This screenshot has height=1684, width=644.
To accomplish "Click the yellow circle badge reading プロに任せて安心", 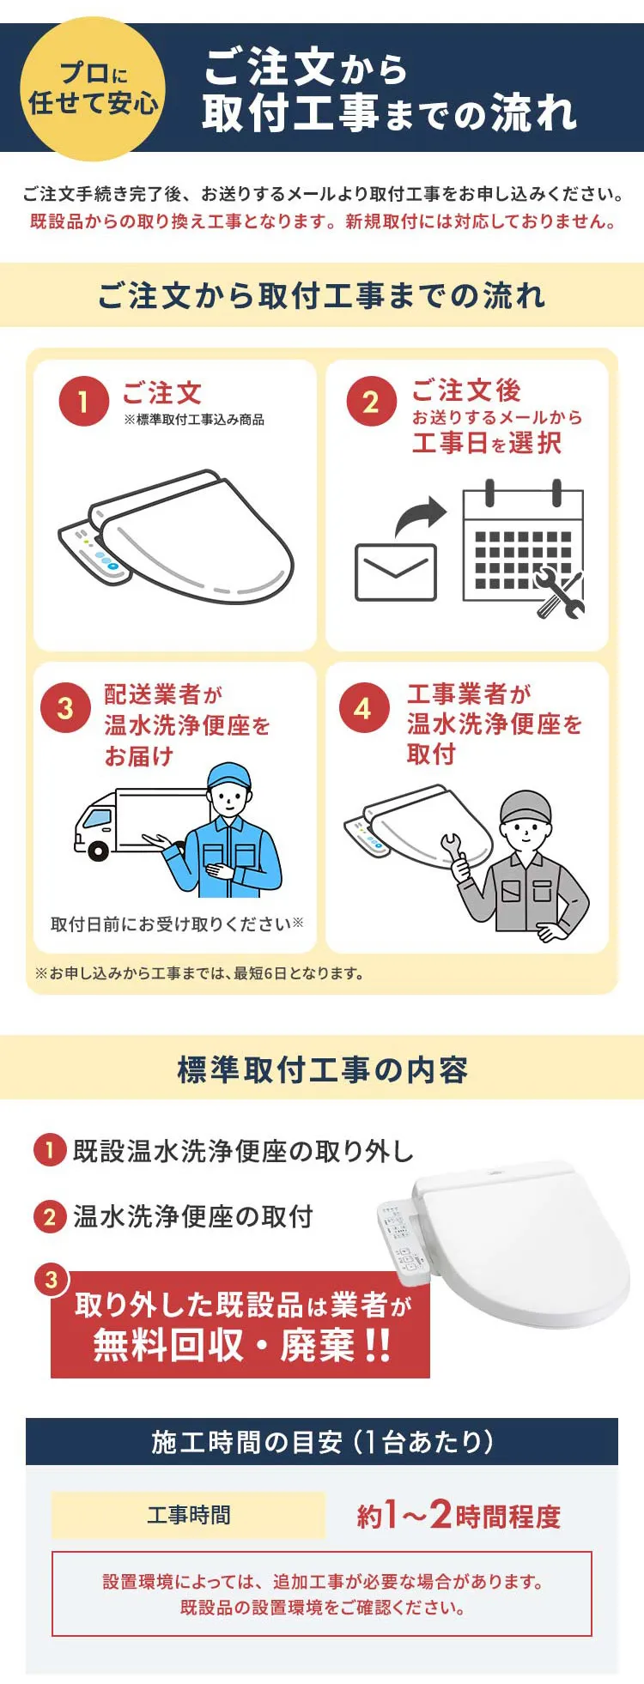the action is tap(93, 88).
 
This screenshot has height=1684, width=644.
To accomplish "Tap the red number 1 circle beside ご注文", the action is tap(83, 401).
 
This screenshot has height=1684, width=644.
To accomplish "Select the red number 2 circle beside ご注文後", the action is tap(371, 401).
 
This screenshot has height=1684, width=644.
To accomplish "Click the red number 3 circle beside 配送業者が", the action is tap(65, 708).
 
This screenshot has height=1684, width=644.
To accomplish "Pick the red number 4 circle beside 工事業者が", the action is tap(364, 708).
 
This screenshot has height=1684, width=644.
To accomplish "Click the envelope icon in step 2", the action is tap(396, 572).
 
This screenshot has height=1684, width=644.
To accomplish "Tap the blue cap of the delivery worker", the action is tap(229, 775).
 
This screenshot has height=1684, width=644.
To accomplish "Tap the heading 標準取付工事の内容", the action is tap(322, 1069).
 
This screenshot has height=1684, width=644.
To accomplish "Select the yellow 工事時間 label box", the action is tap(189, 1515).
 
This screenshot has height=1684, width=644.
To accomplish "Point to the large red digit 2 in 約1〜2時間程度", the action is tap(440, 1514).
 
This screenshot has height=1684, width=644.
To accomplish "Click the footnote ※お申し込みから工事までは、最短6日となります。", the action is tap(199, 973).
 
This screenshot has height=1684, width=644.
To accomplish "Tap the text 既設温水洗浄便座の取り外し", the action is tap(244, 1151).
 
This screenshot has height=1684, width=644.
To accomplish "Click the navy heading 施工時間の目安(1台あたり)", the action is tap(322, 1441).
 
